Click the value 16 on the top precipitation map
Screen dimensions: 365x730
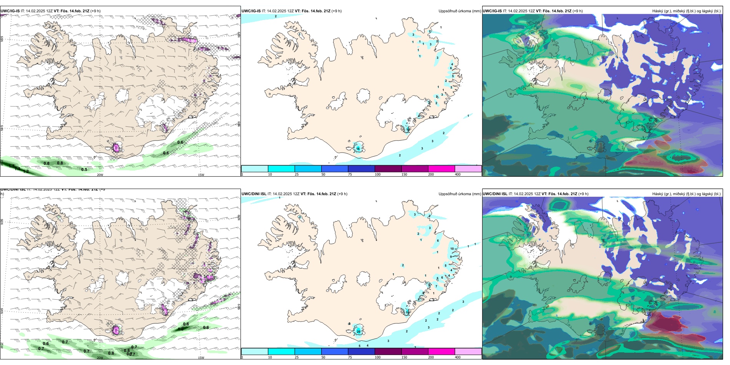(x=358, y=149)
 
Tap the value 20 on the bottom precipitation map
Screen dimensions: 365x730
(x=358, y=331)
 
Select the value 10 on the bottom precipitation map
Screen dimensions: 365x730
(x=452, y=249)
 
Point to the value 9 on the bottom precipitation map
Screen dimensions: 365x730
(x=451, y=257)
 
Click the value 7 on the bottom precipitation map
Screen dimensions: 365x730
(x=436, y=286)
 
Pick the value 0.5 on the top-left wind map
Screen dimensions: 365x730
(x=84, y=169)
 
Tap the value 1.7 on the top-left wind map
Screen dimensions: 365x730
(x=12, y=166)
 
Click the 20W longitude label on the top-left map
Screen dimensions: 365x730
(x=100, y=175)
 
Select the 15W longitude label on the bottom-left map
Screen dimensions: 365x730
(x=201, y=358)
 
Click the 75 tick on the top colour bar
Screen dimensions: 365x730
(x=350, y=174)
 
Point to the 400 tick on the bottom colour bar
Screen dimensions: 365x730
(x=458, y=357)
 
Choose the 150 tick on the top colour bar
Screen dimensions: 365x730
(x=404, y=174)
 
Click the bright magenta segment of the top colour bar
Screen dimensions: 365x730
(x=441, y=169)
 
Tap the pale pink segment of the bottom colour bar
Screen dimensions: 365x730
(x=468, y=352)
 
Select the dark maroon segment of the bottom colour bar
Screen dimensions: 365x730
(x=388, y=352)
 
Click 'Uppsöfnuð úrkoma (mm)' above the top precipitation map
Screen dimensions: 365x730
(x=460, y=11)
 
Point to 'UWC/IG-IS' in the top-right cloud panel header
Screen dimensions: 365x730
(x=492, y=11)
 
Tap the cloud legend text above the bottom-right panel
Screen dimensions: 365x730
(x=686, y=194)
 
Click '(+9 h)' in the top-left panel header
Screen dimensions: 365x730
(x=95, y=11)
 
